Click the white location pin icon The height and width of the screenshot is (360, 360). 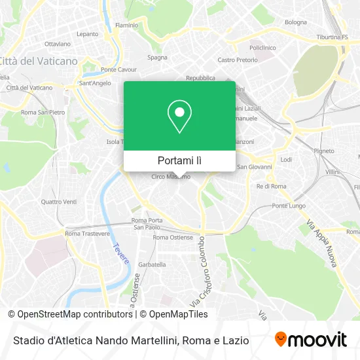(179, 117)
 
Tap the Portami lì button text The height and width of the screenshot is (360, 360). (179, 160)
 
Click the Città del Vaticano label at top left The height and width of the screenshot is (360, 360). (39, 61)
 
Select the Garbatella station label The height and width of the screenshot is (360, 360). (152, 264)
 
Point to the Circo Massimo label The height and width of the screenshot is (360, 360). (171, 177)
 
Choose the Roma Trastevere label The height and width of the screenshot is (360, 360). (86, 234)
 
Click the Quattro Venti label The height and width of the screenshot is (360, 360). (59, 202)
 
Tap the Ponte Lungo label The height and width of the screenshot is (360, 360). (289, 206)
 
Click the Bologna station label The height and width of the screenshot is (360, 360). (296, 22)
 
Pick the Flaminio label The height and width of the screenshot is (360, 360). (127, 26)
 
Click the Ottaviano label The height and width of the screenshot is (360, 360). (58, 44)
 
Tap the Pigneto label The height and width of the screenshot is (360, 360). (323, 150)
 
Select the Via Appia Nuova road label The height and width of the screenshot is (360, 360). (321, 242)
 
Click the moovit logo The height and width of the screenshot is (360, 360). (311, 339)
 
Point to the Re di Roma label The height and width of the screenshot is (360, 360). (271, 187)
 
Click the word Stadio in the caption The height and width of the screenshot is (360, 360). (29, 340)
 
